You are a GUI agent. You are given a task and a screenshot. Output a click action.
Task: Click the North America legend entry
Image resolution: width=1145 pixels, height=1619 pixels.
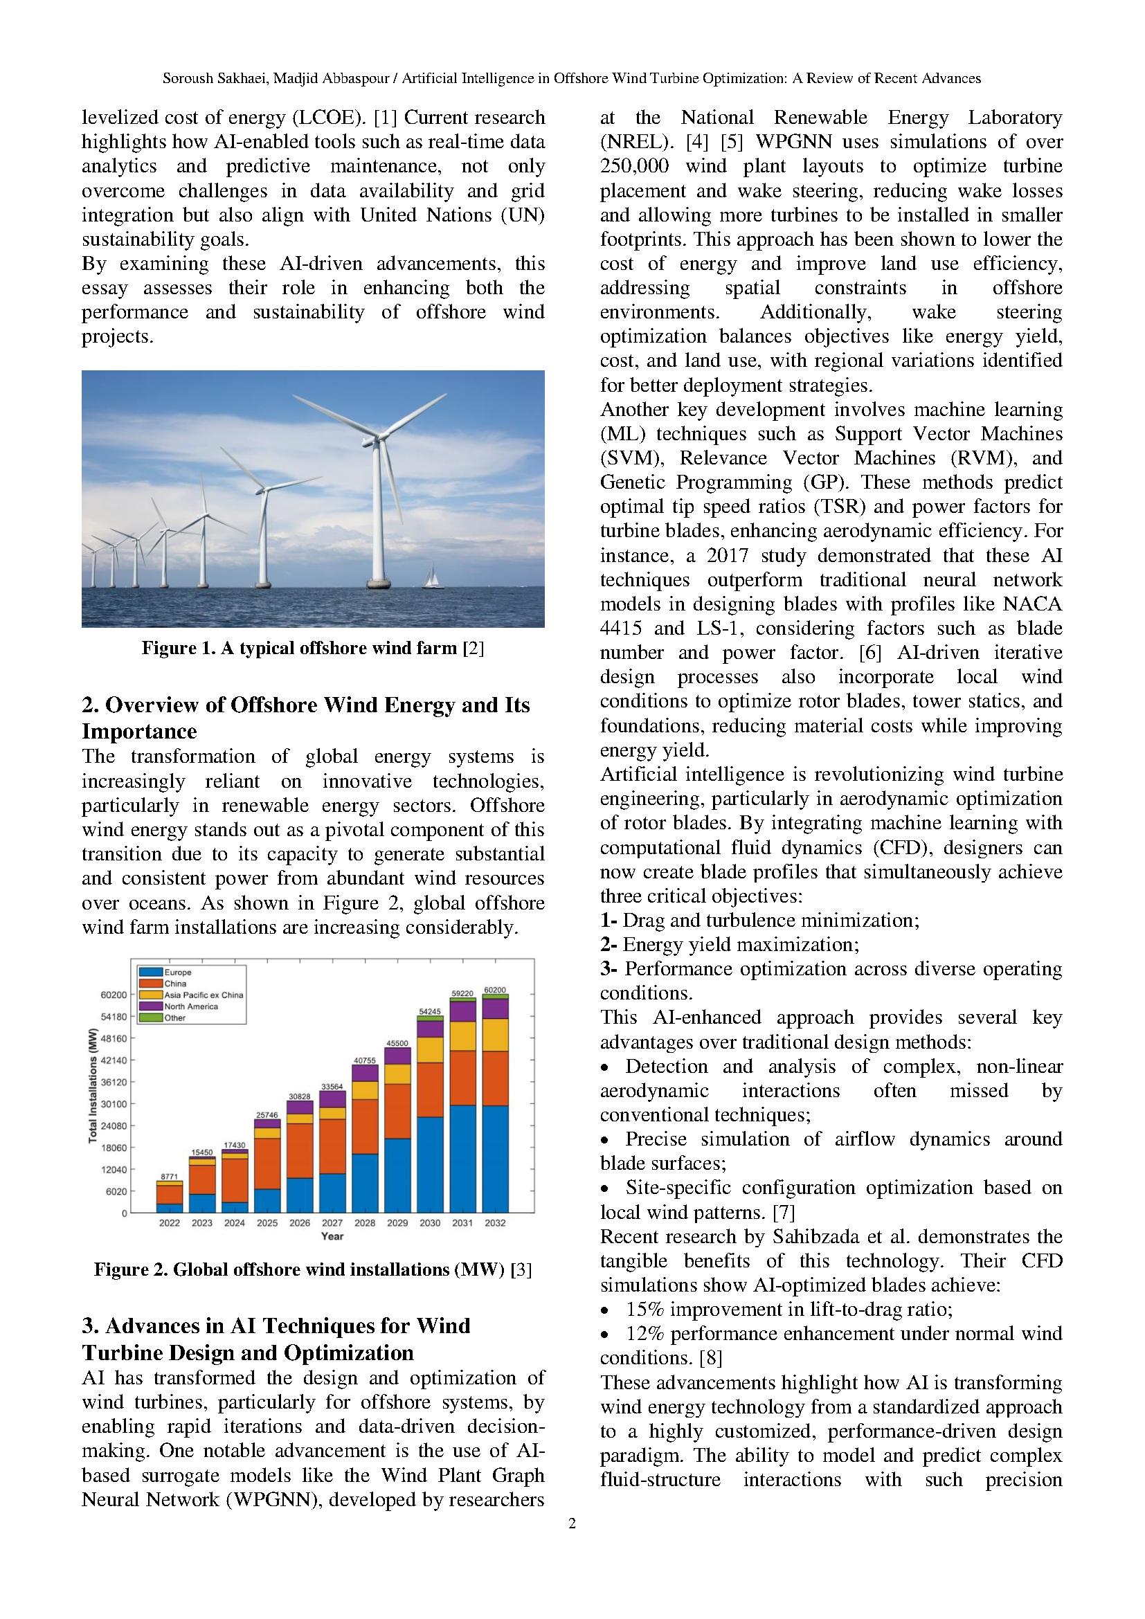pyautogui.click(x=191, y=1006)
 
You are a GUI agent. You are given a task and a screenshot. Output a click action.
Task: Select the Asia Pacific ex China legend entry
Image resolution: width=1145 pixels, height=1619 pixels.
pyautogui.click(x=204, y=995)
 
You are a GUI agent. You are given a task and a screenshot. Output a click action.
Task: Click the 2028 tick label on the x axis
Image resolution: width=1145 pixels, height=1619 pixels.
pyautogui.click(x=365, y=1222)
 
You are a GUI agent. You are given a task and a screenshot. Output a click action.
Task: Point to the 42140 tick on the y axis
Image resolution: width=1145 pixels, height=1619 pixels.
pyautogui.click(x=115, y=1060)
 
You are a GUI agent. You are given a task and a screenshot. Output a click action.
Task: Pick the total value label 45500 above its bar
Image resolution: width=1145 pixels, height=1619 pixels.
pyautogui.click(x=397, y=1043)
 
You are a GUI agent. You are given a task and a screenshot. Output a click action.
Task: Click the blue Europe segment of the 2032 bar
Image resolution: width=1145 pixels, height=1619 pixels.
pyautogui.click(x=495, y=1158)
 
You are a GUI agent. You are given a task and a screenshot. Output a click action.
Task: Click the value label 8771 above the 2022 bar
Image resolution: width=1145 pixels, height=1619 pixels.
pyautogui.click(x=169, y=1176)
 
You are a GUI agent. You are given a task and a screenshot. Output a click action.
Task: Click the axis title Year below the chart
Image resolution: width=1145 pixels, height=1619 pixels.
pyautogui.click(x=332, y=1236)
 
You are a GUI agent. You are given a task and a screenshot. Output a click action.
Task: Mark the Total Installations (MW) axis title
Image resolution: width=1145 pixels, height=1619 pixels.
pyautogui.click(x=92, y=1087)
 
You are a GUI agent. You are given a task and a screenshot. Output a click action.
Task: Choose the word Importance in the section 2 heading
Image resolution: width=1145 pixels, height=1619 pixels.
pyautogui.click(x=139, y=731)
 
